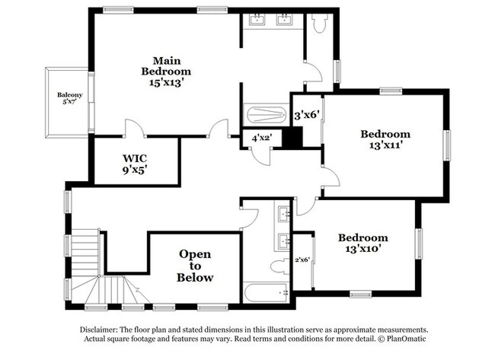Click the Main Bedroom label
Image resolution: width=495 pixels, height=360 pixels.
[x=166, y=72]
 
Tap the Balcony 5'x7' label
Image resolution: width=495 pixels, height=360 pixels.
[x=70, y=98]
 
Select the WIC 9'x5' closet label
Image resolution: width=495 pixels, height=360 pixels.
[x=135, y=164]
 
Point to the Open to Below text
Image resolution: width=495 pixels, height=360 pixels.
[x=195, y=266]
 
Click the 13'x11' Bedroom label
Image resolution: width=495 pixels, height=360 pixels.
[x=385, y=139]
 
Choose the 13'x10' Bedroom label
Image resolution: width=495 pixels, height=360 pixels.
[x=363, y=243]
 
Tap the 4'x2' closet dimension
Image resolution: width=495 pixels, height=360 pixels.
[x=262, y=138]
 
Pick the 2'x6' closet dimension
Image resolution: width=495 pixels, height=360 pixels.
[x=302, y=260]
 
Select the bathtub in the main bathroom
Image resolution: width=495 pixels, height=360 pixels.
[x=266, y=115]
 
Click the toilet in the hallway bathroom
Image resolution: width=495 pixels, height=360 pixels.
[x=280, y=266]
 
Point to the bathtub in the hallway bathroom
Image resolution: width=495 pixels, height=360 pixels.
[x=266, y=293]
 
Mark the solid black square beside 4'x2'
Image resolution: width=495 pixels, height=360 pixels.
[x=292, y=137]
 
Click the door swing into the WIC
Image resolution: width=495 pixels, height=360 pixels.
[x=136, y=128]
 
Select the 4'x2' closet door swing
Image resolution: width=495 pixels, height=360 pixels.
[x=260, y=156]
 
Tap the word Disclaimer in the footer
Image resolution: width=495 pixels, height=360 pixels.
[x=99, y=330]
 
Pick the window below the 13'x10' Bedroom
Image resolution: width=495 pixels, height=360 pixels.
[x=360, y=295]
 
